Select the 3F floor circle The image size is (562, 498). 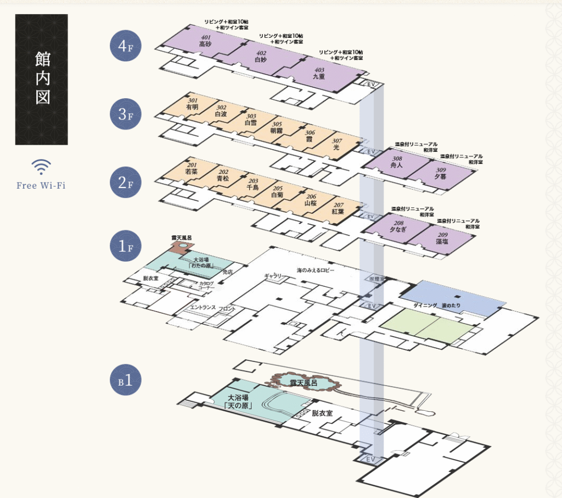pyautogui.click(x=126, y=114)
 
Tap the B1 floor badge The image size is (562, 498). pyautogui.click(x=126, y=380)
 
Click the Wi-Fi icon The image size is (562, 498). pyautogui.click(x=41, y=167)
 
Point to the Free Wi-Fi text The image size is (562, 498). pyautogui.click(x=41, y=185)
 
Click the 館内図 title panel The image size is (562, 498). pyautogui.click(x=42, y=80)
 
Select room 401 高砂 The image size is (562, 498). pyautogui.click(x=205, y=41)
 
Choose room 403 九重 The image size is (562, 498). pyautogui.click(x=319, y=73)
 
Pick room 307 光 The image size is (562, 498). pyautogui.click(x=336, y=144)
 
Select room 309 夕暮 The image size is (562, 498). pyautogui.click(x=441, y=174)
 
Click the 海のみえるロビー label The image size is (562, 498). pyautogui.click(x=315, y=270)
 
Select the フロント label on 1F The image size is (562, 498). pyautogui.click(x=227, y=309)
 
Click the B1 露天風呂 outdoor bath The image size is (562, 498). pyautogui.click(x=303, y=383)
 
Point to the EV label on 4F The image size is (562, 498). pyautogui.click(x=371, y=84)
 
